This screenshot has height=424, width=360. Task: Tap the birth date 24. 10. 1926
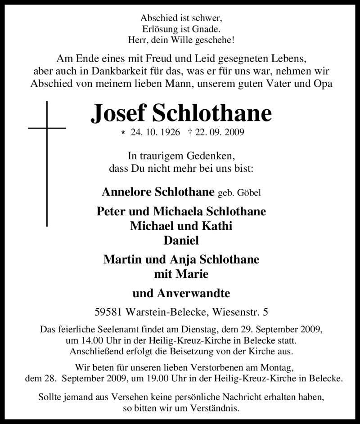click(157, 133)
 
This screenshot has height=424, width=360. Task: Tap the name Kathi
click(218, 226)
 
